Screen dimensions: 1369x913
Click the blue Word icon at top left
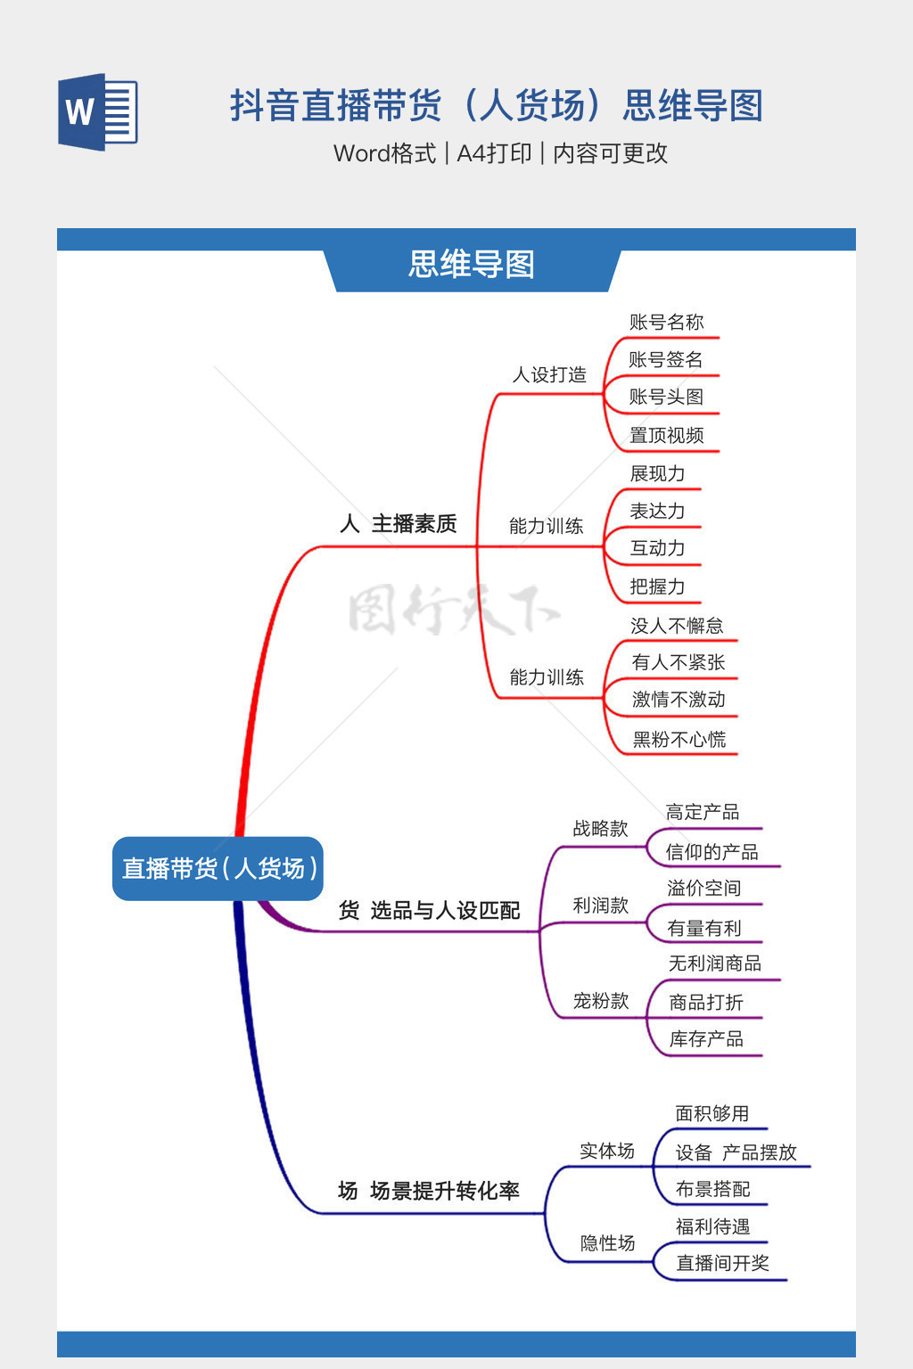97,112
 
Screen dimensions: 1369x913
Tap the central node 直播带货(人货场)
218,868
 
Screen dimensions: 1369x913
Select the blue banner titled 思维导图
472,265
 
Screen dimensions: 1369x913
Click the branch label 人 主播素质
399,523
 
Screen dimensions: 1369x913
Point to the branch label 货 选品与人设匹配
429,910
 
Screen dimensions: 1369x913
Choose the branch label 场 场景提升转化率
429,1191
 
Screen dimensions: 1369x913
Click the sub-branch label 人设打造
549,374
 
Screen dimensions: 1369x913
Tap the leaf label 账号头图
666,397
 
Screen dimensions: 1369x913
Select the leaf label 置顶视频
666,435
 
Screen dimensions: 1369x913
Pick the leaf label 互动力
657,548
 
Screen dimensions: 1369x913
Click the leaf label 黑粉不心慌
679,739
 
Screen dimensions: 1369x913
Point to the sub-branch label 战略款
600,829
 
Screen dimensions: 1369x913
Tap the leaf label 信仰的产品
711,852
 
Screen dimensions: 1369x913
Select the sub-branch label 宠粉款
601,1001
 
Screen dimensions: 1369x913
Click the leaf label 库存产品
706,1039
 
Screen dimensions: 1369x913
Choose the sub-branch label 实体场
607,1151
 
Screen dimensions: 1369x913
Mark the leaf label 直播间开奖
722,1263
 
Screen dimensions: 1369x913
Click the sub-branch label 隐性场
607,1242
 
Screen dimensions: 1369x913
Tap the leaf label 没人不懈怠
677,626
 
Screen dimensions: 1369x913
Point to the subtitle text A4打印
494,153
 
